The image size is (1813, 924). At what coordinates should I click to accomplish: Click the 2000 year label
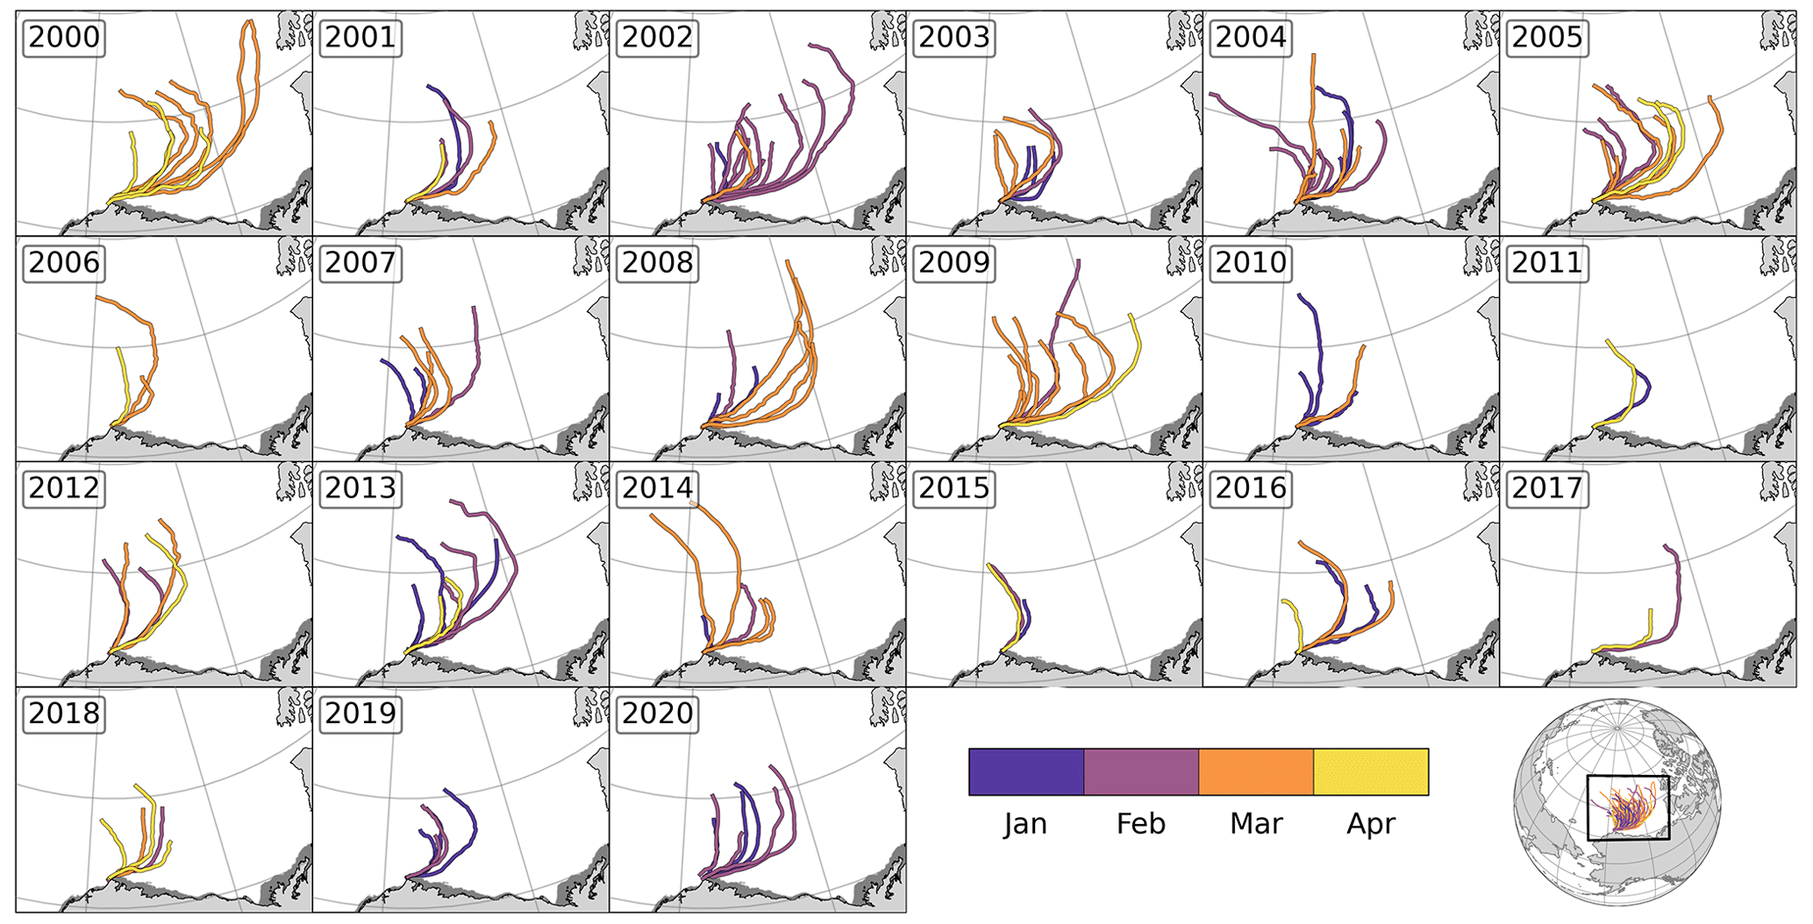click(x=64, y=38)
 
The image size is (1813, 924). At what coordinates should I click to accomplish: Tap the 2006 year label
click(x=64, y=263)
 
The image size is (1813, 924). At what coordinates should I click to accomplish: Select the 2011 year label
click(x=1546, y=263)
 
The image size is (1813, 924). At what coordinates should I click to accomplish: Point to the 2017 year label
click(x=1546, y=488)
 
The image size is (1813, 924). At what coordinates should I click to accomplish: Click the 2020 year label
click(x=657, y=714)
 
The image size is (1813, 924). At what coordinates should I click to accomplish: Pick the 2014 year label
click(x=657, y=488)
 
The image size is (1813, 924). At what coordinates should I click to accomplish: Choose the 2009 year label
click(x=953, y=263)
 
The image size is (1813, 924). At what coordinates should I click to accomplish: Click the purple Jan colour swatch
click(x=1026, y=771)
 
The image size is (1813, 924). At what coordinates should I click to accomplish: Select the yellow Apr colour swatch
click(x=1371, y=771)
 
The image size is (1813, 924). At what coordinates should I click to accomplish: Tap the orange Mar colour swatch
click(x=1256, y=771)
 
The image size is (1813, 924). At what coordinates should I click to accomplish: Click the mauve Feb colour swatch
click(x=1141, y=771)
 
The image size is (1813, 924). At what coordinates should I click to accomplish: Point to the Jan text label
click(x=1026, y=824)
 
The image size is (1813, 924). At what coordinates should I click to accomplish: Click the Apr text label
click(x=1371, y=824)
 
